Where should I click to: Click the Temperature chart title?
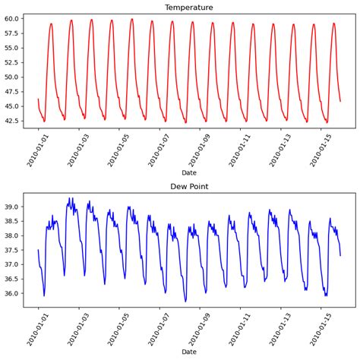coord(189,7)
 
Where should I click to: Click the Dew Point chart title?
coord(189,186)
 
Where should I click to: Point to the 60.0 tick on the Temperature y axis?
coord(11,19)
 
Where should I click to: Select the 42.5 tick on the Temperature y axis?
coord(11,120)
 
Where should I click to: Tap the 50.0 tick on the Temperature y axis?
coord(11,77)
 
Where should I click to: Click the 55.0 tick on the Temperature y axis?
coord(11,48)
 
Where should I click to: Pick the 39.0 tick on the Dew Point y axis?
coord(11,207)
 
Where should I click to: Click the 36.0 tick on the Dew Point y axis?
coord(11,293)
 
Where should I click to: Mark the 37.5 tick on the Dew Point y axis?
coord(11,250)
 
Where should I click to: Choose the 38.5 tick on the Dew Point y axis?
coord(11,221)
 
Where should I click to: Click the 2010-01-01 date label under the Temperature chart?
coord(30,149)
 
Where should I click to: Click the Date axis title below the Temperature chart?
coord(189,173)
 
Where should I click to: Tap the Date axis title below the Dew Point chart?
coord(189,352)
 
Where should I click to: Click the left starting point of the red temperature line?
coord(38,99)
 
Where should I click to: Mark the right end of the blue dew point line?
coord(340,255)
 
